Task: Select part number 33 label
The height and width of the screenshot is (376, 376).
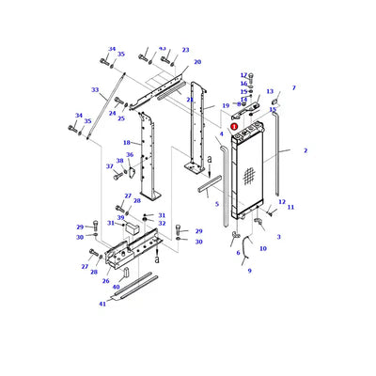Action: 95,90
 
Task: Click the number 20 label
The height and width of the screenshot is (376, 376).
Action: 197,62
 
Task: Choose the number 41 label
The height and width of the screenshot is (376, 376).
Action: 102,304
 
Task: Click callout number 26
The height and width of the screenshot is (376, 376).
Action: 105,280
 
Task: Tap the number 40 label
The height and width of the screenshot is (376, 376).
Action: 116,287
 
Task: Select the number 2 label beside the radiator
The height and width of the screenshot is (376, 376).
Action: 305,150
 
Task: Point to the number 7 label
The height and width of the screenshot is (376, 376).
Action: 293,88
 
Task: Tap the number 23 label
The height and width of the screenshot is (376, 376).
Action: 185,50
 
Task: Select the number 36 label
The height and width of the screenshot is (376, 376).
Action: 130,155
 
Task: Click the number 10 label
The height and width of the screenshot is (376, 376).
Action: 262,248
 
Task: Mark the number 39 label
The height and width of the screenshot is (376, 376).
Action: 120,217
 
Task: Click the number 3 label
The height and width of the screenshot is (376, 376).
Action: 277,237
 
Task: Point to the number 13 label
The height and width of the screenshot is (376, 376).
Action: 270,92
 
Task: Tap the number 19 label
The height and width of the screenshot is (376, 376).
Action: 226,106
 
